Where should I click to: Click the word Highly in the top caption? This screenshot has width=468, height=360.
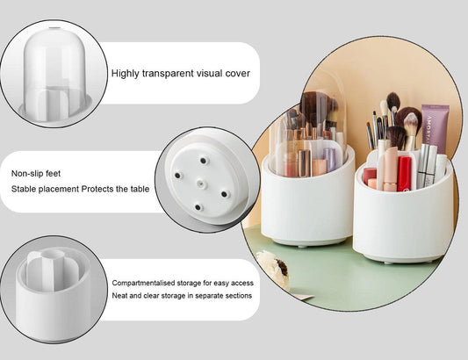pyautogui.click(x=128, y=73)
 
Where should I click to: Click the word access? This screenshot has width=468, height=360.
pyautogui.click(x=241, y=284)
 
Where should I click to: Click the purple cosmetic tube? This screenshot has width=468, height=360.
pyautogui.click(x=434, y=128)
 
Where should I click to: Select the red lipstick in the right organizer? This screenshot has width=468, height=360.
pyautogui.click(x=405, y=173)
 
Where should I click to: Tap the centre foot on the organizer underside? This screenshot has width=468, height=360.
pyautogui.click(x=199, y=182)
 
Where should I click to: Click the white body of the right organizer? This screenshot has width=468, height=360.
pyautogui.click(x=404, y=224)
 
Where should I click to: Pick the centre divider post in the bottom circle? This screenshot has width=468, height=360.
pyautogui.click(x=52, y=268)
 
